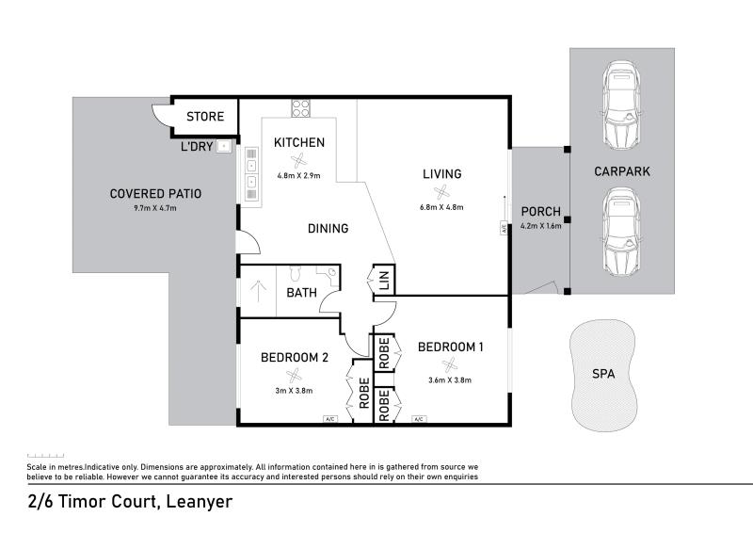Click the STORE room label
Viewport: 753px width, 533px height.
coord(205,117)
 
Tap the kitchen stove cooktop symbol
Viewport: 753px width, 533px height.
coord(300,108)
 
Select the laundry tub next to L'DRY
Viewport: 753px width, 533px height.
coord(224,146)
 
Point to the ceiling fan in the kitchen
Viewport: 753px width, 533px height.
coord(298,161)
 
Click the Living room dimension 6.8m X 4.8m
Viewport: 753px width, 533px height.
coord(441,207)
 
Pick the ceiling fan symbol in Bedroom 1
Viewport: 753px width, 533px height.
coord(450,364)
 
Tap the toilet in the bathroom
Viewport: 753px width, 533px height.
coord(295,273)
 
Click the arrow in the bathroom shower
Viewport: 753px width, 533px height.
coord(258,291)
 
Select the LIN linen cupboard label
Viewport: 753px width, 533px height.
coord(384,280)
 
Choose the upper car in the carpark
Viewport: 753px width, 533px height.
coord(622,105)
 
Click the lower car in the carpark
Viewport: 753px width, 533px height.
coord(622,232)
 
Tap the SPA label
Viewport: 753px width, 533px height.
coord(603,374)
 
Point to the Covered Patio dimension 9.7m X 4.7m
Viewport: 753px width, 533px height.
coord(155,209)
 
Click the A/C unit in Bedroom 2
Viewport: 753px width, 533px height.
coord(330,419)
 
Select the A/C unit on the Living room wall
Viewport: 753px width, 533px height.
coord(504,228)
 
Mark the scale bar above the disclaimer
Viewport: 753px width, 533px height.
coord(45,455)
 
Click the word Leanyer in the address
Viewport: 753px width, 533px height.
coord(200,502)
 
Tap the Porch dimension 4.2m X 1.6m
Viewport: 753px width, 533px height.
coord(540,226)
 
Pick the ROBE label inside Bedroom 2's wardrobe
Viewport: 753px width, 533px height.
coord(364,393)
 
